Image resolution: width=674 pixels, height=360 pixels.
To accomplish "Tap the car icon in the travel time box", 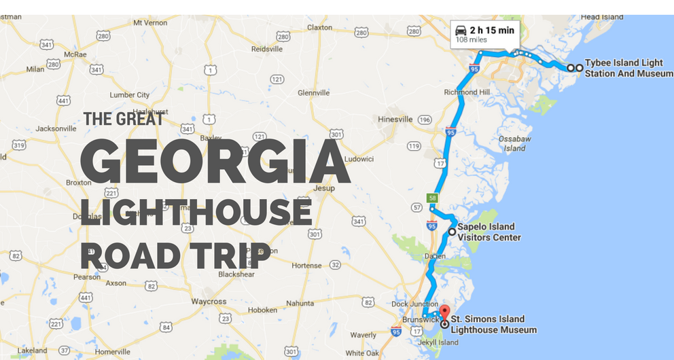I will point(461,30).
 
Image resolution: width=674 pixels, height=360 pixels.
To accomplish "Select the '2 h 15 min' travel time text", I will point(491,30).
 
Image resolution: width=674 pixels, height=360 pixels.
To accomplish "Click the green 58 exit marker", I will point(432,198).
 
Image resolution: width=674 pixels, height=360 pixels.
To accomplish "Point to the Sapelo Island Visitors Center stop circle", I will point(452,232).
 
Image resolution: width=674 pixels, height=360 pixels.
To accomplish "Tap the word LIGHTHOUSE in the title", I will point(196,213).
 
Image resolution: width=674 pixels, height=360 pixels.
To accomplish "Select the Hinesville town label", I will point(395,120).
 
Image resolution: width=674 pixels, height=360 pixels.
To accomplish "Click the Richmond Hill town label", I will point(467,92).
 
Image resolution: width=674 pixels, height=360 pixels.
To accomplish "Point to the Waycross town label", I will point(208,301).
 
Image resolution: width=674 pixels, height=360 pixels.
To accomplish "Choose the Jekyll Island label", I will point(438,342).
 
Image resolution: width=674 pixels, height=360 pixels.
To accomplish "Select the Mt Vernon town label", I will point(150,22).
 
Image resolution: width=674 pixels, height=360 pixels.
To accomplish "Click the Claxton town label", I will point(319,28).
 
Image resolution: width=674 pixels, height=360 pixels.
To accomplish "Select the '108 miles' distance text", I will point(470,40).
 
